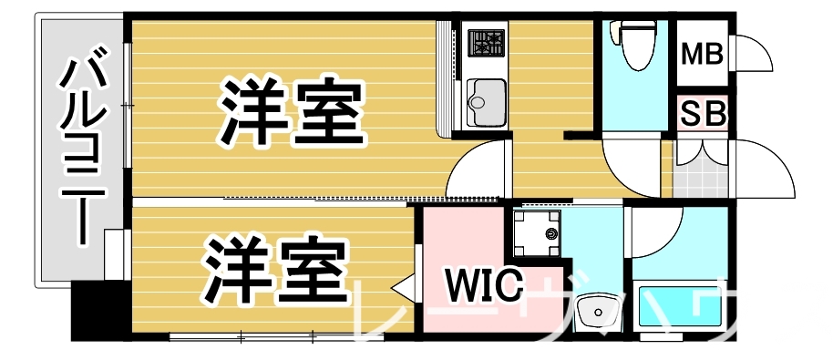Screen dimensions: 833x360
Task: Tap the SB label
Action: point(703,115)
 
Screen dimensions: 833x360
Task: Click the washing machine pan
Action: point(537,234)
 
